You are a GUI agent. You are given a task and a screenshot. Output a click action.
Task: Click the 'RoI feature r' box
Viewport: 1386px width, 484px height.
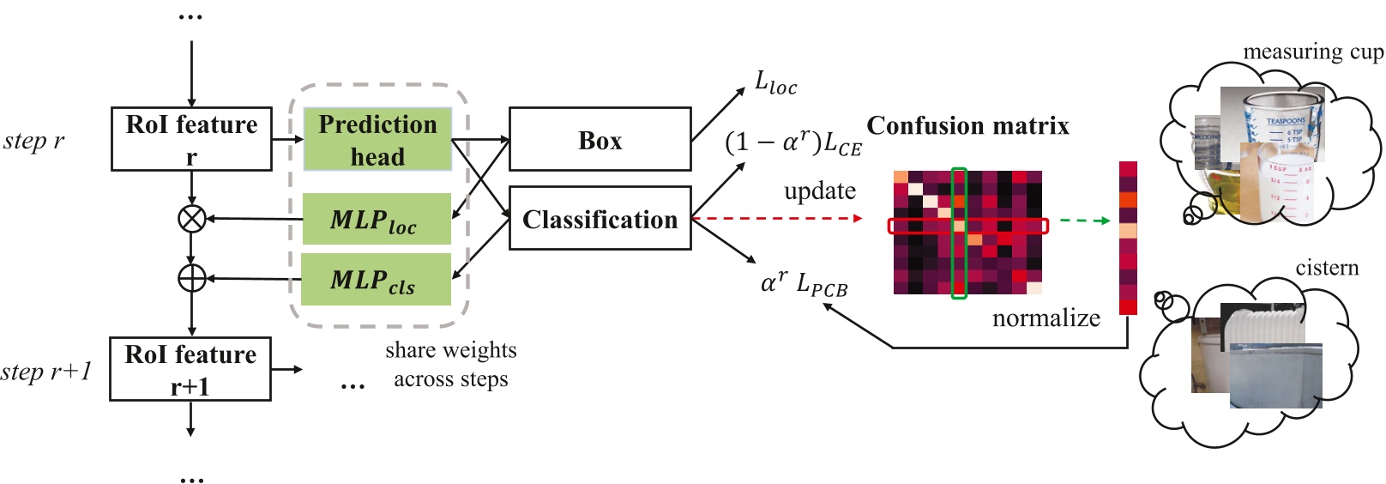(191, 139)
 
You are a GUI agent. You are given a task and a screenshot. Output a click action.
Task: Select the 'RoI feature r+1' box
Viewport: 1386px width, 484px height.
(190, 369)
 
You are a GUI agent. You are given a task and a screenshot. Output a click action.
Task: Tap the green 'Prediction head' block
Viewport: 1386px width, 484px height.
(377, 139)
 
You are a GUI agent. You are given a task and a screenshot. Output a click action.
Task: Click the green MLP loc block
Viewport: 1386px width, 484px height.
(377, 219)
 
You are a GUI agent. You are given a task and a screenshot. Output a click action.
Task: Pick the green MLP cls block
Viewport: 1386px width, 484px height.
(377, 279)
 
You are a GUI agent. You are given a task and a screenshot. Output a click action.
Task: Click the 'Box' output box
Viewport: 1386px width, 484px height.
(600, 139)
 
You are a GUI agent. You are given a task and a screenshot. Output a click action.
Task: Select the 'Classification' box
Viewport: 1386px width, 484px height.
(600, 219)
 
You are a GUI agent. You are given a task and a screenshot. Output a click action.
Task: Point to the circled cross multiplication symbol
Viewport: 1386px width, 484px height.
(191, 218)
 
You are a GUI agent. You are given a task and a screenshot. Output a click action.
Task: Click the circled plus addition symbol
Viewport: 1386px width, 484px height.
(191, 278)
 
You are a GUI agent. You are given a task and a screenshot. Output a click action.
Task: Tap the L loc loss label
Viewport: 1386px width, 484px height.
(775, 83)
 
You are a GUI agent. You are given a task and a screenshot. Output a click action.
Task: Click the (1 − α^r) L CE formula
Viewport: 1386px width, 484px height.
(792, 142)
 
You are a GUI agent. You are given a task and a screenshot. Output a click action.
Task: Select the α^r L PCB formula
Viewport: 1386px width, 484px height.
(804, 283)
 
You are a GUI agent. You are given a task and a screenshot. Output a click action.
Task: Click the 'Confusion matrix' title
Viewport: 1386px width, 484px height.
(967, 126)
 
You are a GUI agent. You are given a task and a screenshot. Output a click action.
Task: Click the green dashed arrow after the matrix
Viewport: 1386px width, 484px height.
(1084, 221)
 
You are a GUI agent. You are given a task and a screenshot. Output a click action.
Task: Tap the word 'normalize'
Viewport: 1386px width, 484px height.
(1046, 318)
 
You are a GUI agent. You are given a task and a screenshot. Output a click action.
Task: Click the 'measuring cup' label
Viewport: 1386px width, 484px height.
(1312, 52)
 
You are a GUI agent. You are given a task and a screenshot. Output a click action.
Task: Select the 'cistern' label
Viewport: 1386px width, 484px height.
(1327, 268)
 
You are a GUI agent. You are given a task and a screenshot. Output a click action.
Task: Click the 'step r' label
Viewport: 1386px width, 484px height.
(34, 141)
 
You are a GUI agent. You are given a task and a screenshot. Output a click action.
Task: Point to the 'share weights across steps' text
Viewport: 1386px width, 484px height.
(450, 365)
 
